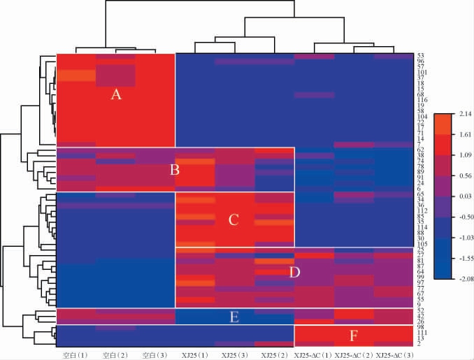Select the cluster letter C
point(234,219)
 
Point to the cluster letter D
point(294,271)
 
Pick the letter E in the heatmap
point(235,317)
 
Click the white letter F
point(354,336)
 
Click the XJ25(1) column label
point(194,355)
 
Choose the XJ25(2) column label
point(273,355)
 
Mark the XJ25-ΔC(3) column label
point(393,355)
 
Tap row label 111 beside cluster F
point(422,333)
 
